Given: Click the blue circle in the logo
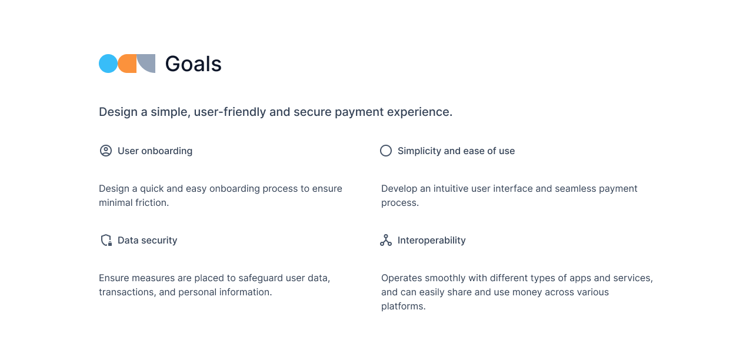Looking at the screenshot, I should coord(108,64).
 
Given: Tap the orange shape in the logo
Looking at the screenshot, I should coord(127,64).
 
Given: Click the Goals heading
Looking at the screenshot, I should coord(193,64).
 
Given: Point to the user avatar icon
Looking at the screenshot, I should coord(106,151).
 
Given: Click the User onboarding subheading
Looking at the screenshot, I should coord(155,151).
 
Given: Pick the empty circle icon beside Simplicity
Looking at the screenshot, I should coord(386,151).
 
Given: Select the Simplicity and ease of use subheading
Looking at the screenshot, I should coord(456,151).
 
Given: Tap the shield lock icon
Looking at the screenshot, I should coord(106,240).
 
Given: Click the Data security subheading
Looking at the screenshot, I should coord(147,240).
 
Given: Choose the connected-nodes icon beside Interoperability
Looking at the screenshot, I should coord(386,240).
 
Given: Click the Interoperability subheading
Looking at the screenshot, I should coord(431,240).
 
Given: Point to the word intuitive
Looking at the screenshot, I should coord(454,188).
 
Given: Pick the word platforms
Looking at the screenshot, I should coord(402,306).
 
